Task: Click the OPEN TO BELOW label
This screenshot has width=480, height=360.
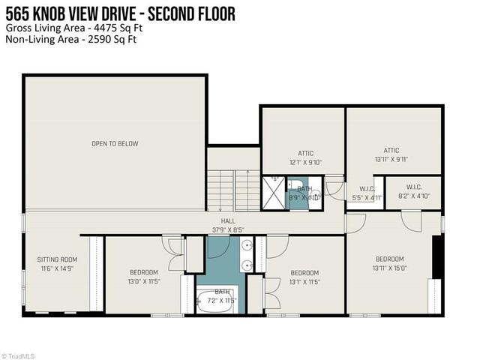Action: point(115,143)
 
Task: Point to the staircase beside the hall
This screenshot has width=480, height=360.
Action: point(233,190)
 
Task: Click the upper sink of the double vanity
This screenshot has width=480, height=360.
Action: point(247,246)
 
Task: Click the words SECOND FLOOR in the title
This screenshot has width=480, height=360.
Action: point(191,13)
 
